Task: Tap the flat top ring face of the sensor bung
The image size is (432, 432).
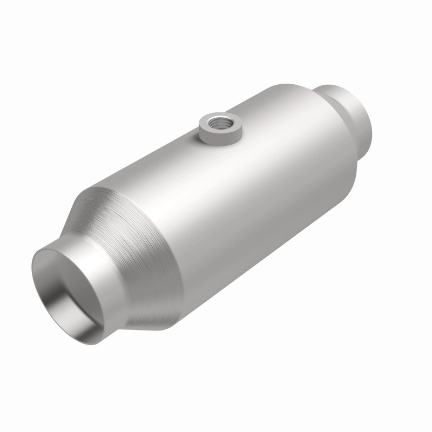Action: (x=208, y=120)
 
